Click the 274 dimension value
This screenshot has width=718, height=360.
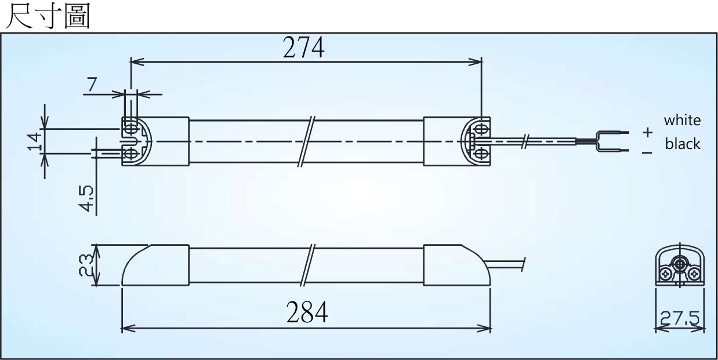pyautogui.click(x=303, y=48)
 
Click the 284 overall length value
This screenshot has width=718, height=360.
pyautogui.click(x=307, y=312)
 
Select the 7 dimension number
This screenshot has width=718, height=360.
pyautogui.click(x=92, y=84)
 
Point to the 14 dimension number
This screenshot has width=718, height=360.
pyautogui.click(x=35, y=141)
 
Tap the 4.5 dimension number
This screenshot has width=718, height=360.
pyautogui.click(x=86, y=199)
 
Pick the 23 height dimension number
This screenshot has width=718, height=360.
pyautogui.click(x=86, y=265)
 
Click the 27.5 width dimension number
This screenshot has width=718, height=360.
pyautogui.click(x=680, y=318)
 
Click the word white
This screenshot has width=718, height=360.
pyautogui.click(x=682, y=121)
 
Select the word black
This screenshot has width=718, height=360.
pyautogui.click(x=683, y=144)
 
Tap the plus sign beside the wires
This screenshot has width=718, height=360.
pyautogui.click(x=647, y=132)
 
